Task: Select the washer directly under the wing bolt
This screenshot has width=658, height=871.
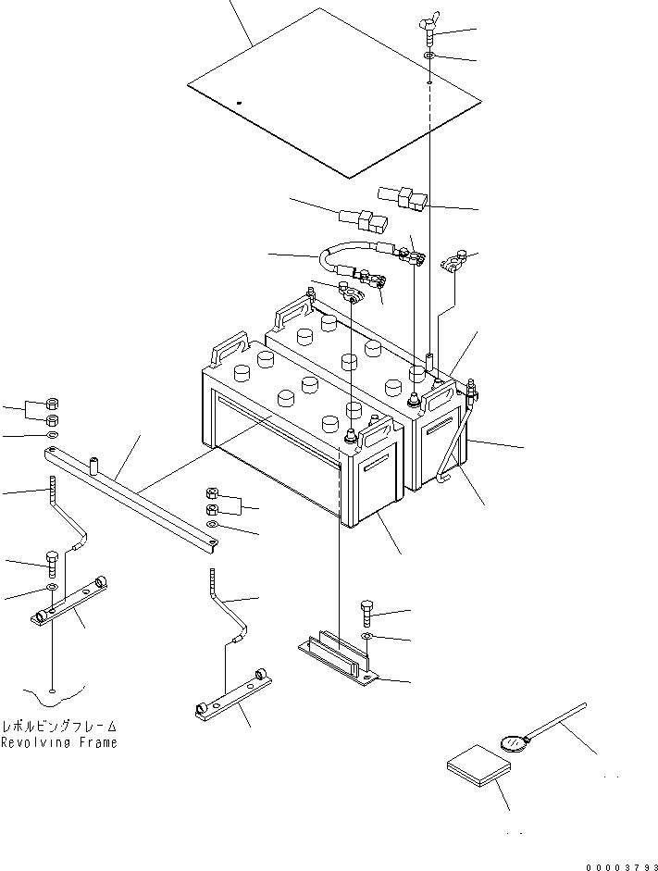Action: pyautogui.click(x=431, y=57)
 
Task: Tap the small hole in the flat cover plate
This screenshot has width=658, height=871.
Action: pyautogui.click(x=238, y=102)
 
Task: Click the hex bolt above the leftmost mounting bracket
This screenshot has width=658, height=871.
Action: pyautogui.click(x=53, y=562)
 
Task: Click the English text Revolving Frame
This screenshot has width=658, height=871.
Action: pyautogui.click(x=59, y=742)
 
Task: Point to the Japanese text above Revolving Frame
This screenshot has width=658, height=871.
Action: pyautogui.click(x=59, y=727)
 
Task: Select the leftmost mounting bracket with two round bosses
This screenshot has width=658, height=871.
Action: pyautogui.click(x=73, y=604)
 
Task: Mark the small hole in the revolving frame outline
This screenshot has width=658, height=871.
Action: pyautogui.click(x=54, y=691)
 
